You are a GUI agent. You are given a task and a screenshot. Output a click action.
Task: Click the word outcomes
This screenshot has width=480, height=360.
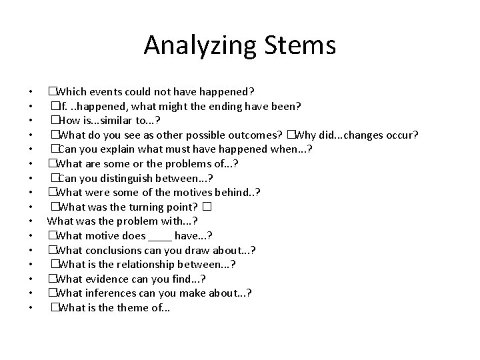254,135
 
